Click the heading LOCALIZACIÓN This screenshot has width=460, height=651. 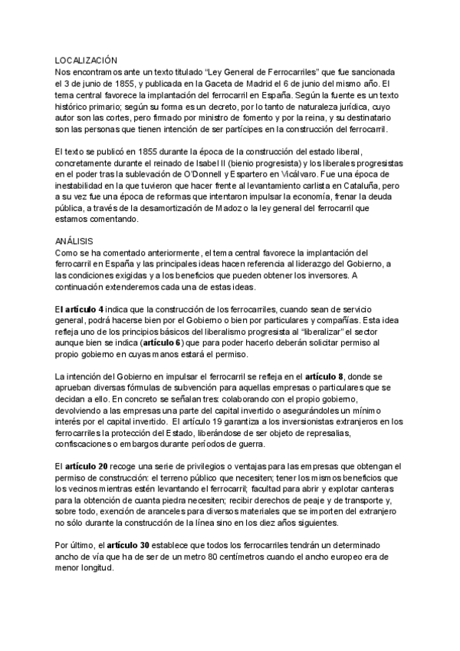[x=87, y=59]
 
